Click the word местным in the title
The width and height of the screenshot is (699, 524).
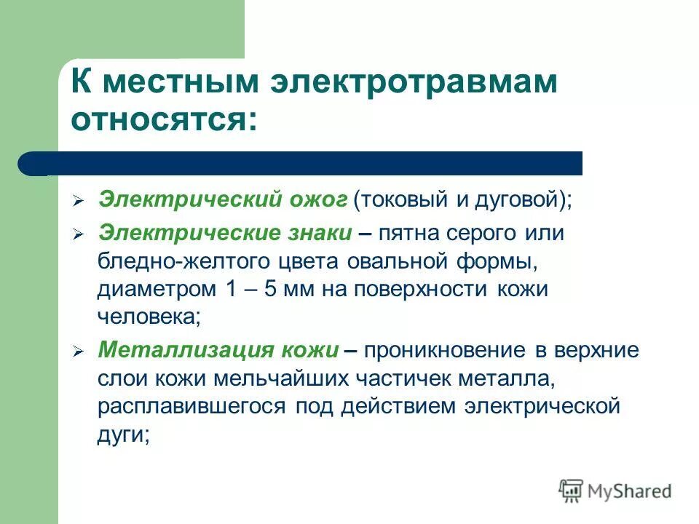pyautogui.click(x=180, y=82)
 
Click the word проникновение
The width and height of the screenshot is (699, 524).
pyautogui.click(x=446, y=350)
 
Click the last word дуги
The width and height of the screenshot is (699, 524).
pyautogui.click(x=123, y=434)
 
